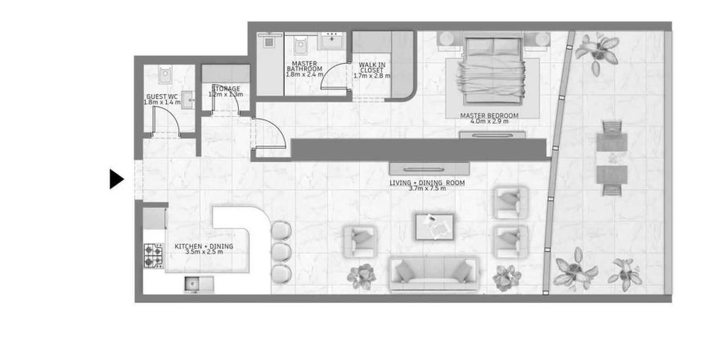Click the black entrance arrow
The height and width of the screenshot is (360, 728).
[115, 178]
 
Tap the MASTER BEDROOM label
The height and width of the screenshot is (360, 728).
[489, 116]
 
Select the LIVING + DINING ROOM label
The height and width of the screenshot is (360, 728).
[427, 183]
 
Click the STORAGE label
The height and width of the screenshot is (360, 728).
[226, 88]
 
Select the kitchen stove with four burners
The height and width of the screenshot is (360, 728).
[153, 255]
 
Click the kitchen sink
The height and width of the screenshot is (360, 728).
[196, 284]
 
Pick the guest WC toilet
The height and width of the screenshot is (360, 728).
[165, 76]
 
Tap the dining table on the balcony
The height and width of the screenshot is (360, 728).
[612, 160]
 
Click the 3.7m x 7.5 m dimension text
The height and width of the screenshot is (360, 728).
[427, 189]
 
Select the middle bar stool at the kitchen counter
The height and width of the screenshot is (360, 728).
[281, 250]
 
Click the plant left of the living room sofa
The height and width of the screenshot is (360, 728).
[361, 277]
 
